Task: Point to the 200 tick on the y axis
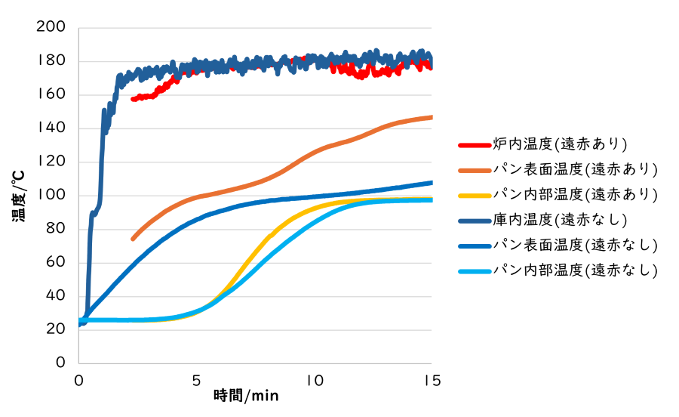tap(51, 28)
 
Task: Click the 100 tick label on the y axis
tap(51, 196)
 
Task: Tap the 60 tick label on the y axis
tap(56, 263)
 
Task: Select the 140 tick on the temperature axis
tap(51, 128)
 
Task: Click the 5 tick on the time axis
tap(196, 379)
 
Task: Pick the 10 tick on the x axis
tap(314, 379)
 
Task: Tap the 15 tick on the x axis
tap(432, 379)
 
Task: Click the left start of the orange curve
tap(133, 239)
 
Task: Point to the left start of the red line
tap(133, 99)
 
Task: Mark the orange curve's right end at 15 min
tap(432, 117)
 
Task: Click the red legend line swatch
tap(475, 144)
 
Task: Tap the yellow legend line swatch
tap(475, 194)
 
